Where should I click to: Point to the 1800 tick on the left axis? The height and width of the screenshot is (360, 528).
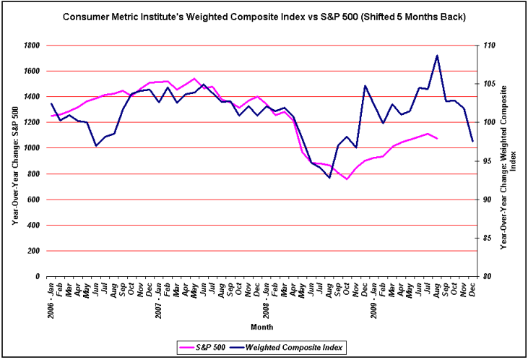click(30, 45)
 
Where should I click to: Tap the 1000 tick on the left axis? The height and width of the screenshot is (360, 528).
click(30, 148)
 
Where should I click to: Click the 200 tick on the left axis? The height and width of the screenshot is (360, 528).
click(33, 251)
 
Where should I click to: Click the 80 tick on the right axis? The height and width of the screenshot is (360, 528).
click(488, 276)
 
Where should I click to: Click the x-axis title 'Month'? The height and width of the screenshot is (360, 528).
click(261, 327)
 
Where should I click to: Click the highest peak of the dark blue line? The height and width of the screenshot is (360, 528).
click(437, 55)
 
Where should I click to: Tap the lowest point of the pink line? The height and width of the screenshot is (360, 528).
click(347, 179)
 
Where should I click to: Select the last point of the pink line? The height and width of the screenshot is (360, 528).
click(437, 138)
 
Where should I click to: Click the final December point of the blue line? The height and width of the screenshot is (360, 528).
click(472, 141)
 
